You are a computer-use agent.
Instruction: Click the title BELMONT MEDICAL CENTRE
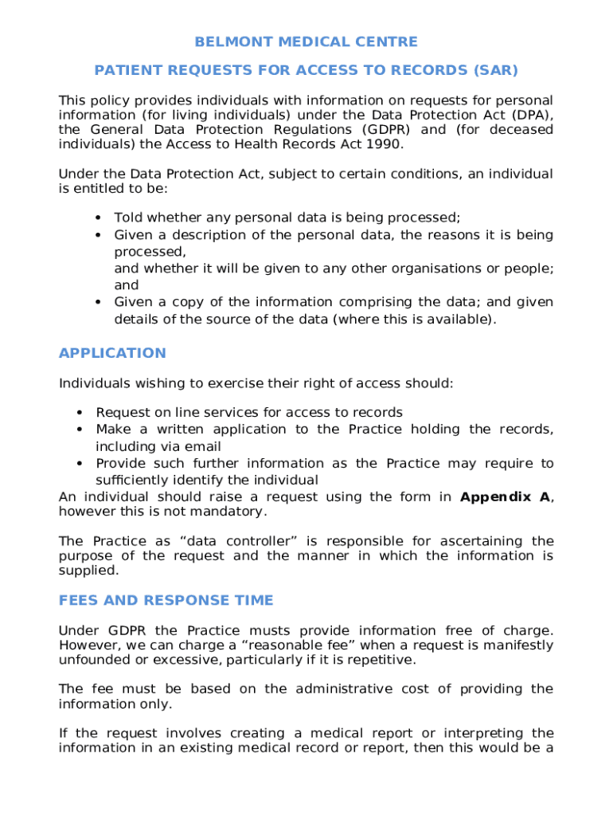coord(306,41)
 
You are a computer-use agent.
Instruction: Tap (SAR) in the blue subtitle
coord(494,70)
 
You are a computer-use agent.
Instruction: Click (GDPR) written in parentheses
coord(386,130)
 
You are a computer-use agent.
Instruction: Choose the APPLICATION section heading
coord(112,353)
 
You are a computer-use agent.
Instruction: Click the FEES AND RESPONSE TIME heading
coord(166,600)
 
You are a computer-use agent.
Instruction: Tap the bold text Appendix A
coord(505,497)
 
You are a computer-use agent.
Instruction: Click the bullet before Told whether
coord(97,218)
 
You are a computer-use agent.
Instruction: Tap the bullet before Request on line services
coord(80,413)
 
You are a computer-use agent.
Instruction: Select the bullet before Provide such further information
coord(80,464)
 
